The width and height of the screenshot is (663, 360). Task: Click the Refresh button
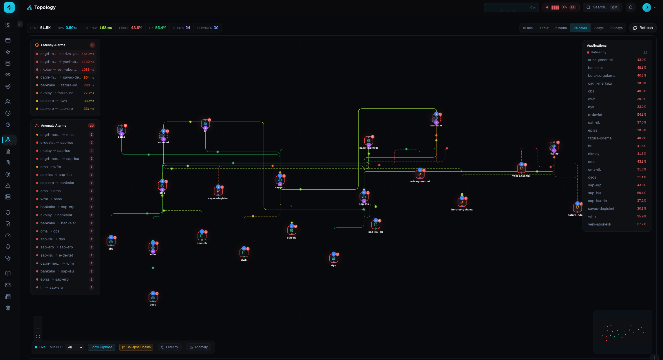click(x=643, y=28)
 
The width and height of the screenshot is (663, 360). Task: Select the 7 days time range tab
click(x=598, y=28)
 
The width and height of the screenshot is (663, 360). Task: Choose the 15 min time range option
click(x=527, y=28)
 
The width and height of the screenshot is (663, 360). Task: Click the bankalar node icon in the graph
click(x=436, y=118)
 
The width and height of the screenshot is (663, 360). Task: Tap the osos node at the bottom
click(x=153, y=297)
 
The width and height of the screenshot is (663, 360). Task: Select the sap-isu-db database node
click(x=376, y=225)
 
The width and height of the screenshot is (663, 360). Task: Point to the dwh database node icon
click(x=244, y=253)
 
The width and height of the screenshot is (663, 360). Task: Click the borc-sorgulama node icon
click(x=462, y=202)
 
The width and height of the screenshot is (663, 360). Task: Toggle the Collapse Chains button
click(x=136, y=347)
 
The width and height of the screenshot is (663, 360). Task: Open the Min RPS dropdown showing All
click(x=75, y=347)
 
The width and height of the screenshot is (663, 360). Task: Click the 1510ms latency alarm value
click(x=88, y=54)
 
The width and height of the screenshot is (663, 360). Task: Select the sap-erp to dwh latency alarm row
click(x=65, y=101)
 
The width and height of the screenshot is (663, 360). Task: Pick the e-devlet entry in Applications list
click(x=595, y=115)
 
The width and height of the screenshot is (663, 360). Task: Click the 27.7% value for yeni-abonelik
click(x=641, y=224)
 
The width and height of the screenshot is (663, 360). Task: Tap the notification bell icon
click(x=631, y=8)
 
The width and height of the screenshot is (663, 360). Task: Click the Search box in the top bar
click(x=602, y=8)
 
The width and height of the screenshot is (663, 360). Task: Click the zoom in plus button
click(x=38, y=320)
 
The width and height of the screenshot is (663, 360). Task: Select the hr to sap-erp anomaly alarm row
click(x=65, y=288)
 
